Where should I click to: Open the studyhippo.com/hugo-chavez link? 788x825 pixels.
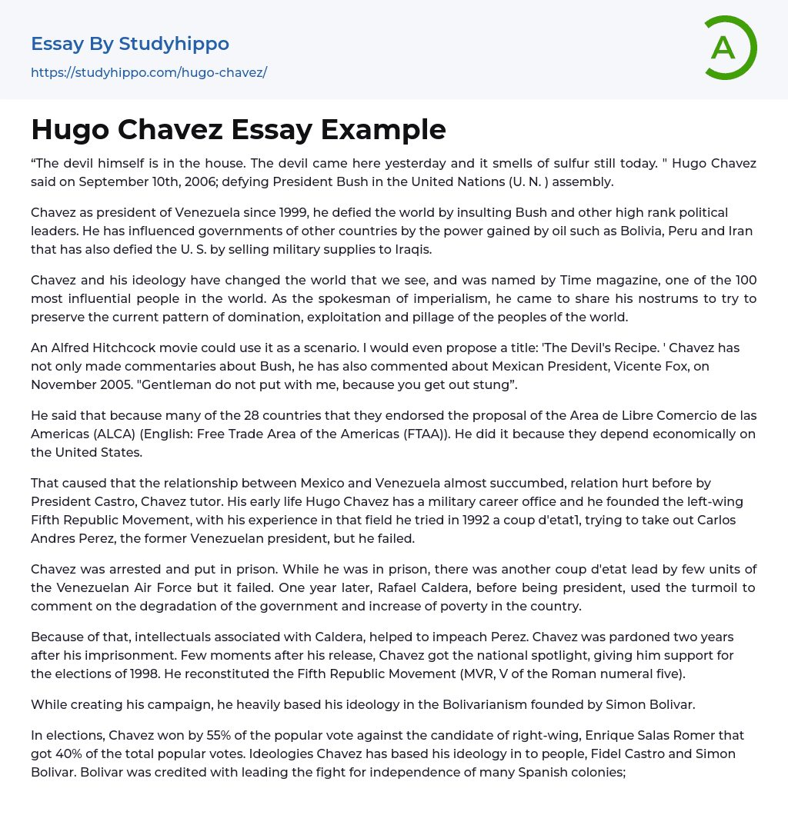coord(149,73)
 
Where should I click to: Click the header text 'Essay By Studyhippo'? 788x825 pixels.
coord(130,44)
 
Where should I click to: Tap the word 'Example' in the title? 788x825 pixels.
coord(383,129)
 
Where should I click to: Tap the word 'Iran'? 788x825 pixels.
coord(740,231)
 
